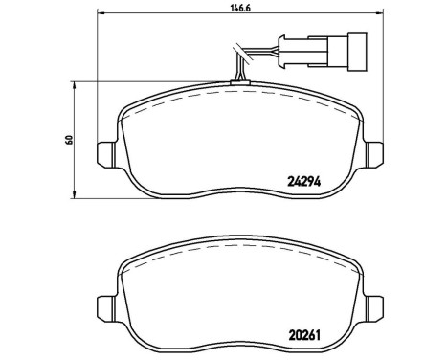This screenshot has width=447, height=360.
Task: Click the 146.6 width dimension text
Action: [233, 11]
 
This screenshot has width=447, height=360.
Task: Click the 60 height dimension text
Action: [70, 140]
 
